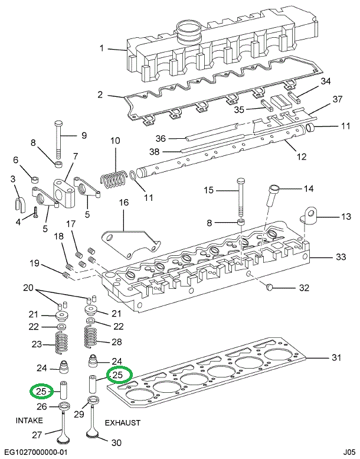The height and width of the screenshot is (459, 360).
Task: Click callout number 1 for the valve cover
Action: pyautogui.click(x=102, y=48)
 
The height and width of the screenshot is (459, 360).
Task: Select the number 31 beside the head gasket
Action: pyautogui.click(x=336, y=357)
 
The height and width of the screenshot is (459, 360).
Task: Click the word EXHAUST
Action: pyautogui.click(x=123, y=423)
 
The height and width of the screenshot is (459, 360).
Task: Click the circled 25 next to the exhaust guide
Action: pyautogui.click(x=117, y=375)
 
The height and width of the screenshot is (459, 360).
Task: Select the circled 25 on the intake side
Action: pyautogui.click(x=41, y=391)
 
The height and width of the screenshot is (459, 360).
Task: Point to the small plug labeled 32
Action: pyautogui.click(x=270, y=287)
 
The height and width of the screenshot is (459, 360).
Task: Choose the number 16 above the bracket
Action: pyautogui.click(x=123, y=203)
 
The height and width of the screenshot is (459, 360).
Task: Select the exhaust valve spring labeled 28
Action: pyautogui.click(x=92, y=337)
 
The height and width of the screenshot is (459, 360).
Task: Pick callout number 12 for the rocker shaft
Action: pyautogui.click(x=301, y=157)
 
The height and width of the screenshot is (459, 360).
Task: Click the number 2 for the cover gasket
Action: pyautogui.click(x=100, y=95)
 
